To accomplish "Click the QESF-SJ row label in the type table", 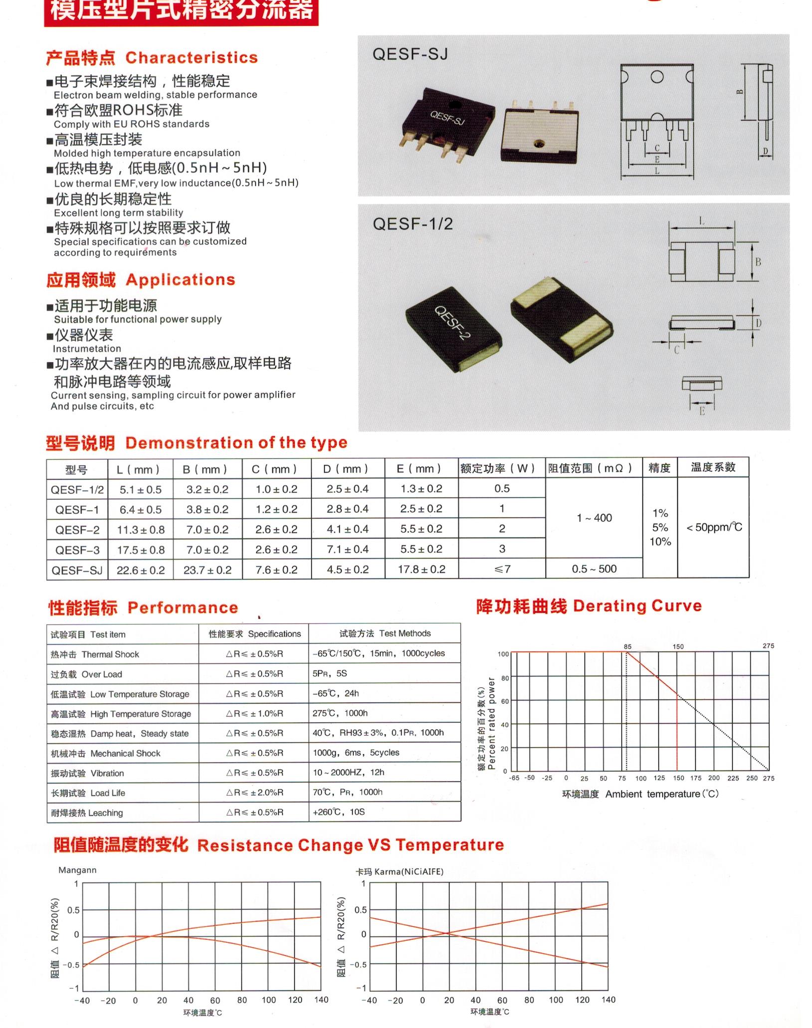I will point(77,570).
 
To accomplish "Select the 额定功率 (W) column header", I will point(497,468).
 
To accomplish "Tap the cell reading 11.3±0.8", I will point(141,530).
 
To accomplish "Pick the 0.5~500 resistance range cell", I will point(594,569).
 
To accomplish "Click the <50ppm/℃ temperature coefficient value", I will point(714,527).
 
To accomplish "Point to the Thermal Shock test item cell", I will point(95,654).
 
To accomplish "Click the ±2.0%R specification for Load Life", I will point(254,793).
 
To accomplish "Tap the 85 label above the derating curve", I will point(627,646).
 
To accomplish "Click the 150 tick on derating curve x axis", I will point(678,778).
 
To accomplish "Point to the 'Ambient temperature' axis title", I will point(652,794).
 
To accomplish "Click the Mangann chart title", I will point(77,870).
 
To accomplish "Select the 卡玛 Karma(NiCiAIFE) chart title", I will point(400,871).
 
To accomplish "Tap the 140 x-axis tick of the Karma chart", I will point(609,1000).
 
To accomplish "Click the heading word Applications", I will point(180,280).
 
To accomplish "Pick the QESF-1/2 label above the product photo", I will point(412,224).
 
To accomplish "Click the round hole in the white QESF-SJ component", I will point(538,144).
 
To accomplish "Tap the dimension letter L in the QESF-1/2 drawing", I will point(701,221).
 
